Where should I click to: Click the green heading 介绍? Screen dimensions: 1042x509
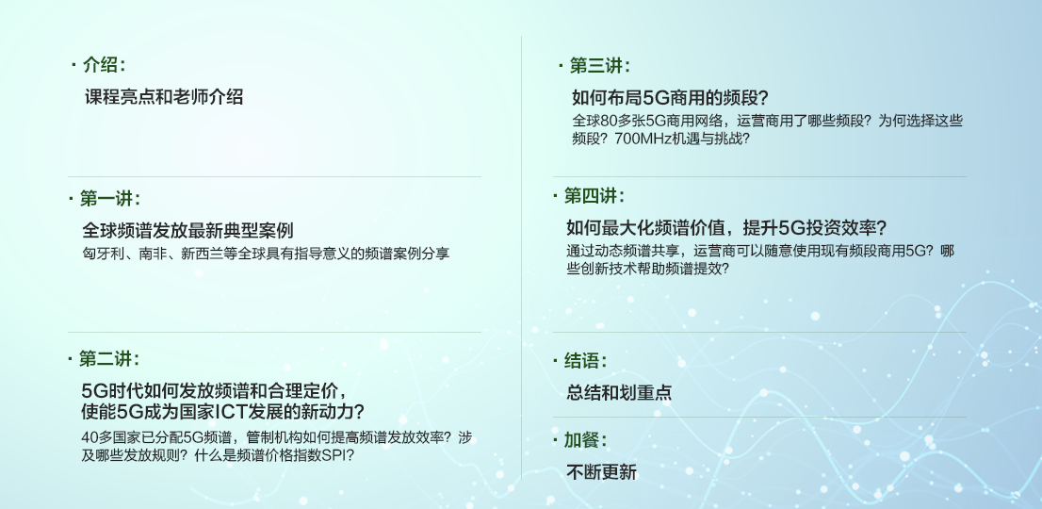point(104,65)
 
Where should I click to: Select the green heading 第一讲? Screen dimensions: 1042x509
point(110,198)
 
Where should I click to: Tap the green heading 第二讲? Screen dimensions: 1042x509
point(109,359)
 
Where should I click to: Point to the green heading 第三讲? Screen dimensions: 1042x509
point(600,66)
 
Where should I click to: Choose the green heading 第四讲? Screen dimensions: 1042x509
point(594,196)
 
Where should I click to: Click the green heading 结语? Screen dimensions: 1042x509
point(585,361)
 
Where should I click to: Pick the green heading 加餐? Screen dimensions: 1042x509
point(585,440)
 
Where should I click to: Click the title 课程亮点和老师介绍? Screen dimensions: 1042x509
point(164,97)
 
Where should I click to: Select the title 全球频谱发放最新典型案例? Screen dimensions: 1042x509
point(188,231)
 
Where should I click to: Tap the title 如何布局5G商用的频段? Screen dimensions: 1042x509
point(670,98)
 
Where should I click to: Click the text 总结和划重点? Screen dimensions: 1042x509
point(619,392)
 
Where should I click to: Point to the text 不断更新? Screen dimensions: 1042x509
point(601,472)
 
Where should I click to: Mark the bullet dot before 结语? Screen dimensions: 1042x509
point(556,361)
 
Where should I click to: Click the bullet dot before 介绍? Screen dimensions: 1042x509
point(73,64)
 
